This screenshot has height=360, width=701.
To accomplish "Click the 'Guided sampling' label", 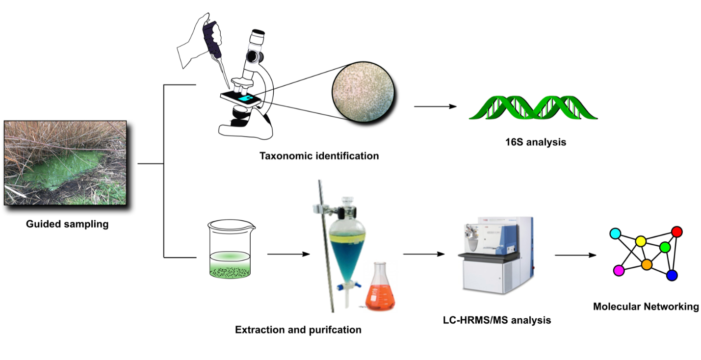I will [x=67, y=225].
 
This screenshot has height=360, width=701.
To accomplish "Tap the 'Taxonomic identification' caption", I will [x=319, y=156].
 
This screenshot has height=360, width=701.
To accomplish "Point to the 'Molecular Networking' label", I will [x=646, y=307].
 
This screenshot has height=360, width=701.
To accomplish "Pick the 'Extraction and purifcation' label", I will [x=298, y=330].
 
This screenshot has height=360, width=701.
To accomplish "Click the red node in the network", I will [x=677, y=231].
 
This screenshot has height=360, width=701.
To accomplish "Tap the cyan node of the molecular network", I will [x=615, y=233].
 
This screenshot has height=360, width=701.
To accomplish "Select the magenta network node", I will [x=619, y=270].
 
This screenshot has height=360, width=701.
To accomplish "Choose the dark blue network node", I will [x=672, y=275].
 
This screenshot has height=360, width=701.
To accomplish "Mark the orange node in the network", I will [x=647, y=264].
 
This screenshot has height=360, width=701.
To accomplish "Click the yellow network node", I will [x=641, y=241].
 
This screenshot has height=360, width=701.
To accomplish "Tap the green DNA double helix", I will [x=533, y=108].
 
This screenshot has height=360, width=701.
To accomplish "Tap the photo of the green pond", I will [x=65, y=163].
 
